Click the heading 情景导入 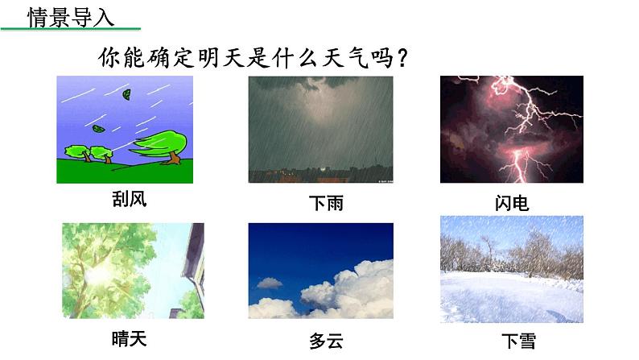(71, 19)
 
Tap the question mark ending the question (402, 58)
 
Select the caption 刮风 (130, 200)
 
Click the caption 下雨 (326, 203)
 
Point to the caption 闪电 (512, 203)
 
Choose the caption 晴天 (130, 339)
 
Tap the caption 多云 (326, 341)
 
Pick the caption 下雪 (518, 341)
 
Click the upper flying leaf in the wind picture (126, 94)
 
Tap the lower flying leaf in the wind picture (98, 129)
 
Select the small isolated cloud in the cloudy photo (269, 283)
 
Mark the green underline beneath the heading (71, 29)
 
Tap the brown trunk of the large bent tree (174, 158)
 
